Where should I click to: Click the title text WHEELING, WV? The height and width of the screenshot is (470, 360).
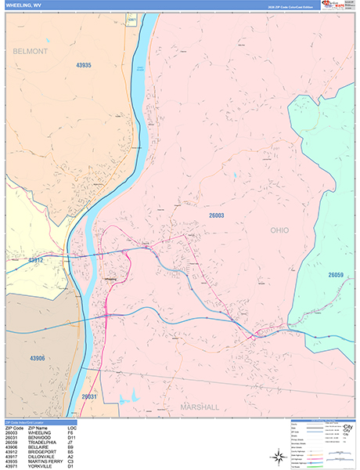click(23, 6)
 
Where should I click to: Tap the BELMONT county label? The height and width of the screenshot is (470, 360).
click(31, 51)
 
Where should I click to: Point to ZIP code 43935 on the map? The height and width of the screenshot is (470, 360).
click(84, 65)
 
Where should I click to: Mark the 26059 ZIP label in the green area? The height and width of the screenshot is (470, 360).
click(336, 275)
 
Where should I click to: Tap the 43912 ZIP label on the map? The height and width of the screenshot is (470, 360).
click(36, 259)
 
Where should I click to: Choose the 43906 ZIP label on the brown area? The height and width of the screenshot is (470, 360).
click(38, 358)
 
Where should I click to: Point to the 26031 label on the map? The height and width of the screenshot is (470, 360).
click(90, 397)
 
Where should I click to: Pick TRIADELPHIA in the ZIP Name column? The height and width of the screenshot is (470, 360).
click(44, 441)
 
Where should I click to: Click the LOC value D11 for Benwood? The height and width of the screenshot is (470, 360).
click(71, 437)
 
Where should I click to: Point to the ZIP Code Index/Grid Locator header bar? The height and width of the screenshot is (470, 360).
click(39, 423)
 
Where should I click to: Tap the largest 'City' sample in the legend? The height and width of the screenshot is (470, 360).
click(344, 428)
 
